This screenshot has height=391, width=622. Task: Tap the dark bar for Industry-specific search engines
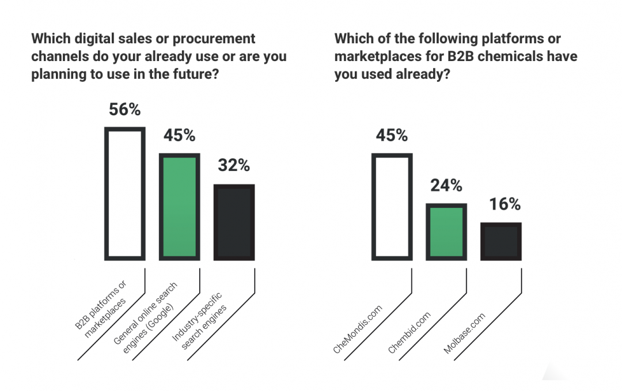234,222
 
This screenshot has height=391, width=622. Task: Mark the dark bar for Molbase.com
500,240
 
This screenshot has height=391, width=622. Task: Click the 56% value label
125,109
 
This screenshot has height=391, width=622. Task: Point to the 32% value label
234,166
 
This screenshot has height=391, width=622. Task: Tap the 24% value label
446,185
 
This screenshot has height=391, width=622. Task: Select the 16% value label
505,204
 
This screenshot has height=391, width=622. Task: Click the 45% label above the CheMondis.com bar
392,135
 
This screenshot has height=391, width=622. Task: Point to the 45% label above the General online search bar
179,135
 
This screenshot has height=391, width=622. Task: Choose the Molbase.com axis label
464,332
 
